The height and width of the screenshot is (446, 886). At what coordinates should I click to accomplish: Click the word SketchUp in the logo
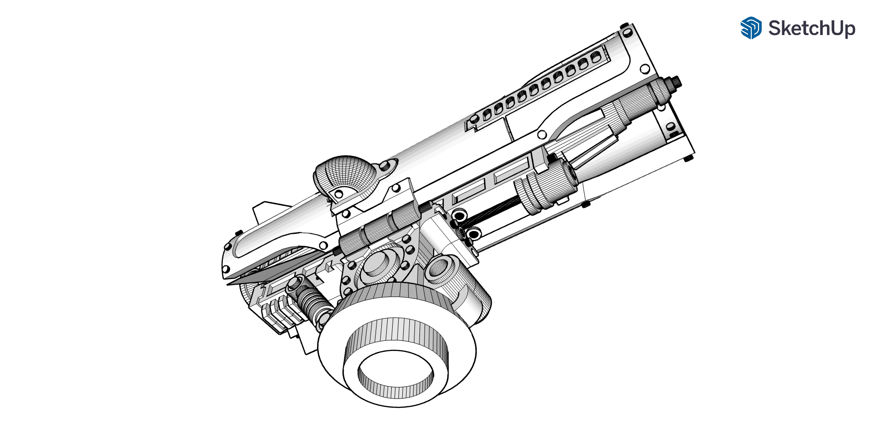812,29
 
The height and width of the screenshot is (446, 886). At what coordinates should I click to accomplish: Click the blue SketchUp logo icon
751,28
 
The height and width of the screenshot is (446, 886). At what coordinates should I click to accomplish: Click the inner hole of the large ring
395,374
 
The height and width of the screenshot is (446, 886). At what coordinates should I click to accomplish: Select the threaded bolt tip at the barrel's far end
676,82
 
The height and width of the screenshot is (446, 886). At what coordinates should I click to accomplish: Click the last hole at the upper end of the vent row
596,56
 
